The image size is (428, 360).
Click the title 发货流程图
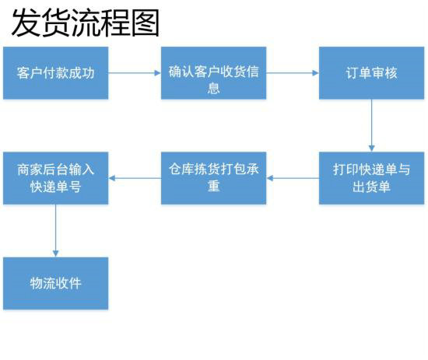pyautogui.click(x=85, y=23)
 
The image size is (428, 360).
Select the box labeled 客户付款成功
pyautogui.click(x=55, y=73)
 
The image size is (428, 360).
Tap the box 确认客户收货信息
pyautogui.click(x=213, y=73)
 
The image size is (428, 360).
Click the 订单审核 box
pyautogui.click(x=371, y=73)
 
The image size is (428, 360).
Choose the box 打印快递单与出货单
pyautogui.click(x=371, y=178)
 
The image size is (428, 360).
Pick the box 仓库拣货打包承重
pyautogui.click(x=213, y=178)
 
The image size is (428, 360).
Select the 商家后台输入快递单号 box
pyautogui.click(x=55, y=178)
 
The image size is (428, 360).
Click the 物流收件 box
pyautogui.click(x=55, y=283)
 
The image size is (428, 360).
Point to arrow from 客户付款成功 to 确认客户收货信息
pyautogui.click(x=135, y=73)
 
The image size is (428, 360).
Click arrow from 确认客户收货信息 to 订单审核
pyautogui.click(x=293, y=73)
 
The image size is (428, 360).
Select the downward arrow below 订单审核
pyautogui.click(x=371, y=125)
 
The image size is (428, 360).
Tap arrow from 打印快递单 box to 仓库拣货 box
pyautogui.click(x=293, y=178)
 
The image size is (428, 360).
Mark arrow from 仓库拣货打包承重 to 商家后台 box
pyautogui.click(x=135, y=178)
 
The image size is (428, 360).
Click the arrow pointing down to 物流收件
pyautogui.click(x=55, y=230)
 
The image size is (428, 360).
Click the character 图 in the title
pyautogui.click(x=145, y=23)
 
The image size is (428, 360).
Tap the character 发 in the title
pyautogui.click(x=25, y=23)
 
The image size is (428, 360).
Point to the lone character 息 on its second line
pyautogui.click(x=213, y=88)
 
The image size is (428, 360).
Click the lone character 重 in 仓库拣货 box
pyautogui.click(x=213, y=187)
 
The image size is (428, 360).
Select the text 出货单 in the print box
pyautogui.click(x=371, y=187)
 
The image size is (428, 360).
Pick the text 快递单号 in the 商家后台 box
pyautogui.click(x=55, y=187)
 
